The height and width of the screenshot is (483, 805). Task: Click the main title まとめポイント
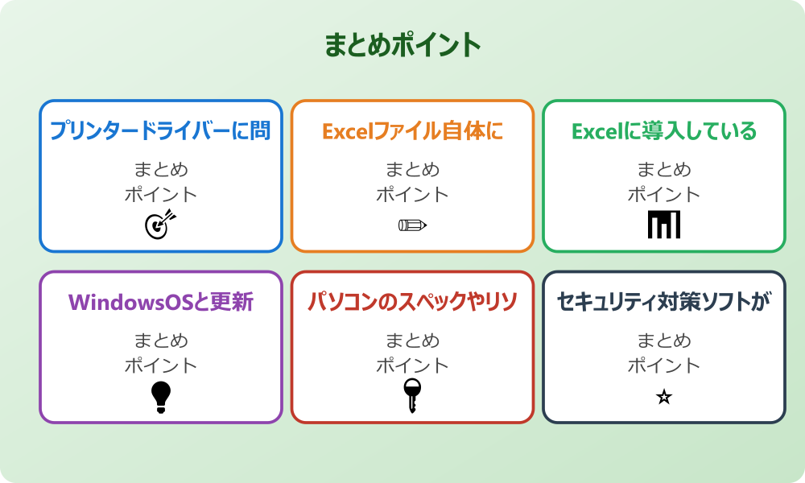pos(402,45)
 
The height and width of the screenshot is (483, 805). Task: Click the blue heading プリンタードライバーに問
pos(160,131)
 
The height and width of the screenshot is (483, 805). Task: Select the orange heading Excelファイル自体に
pos(412,131)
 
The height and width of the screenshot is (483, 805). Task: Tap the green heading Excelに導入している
pos(664,131)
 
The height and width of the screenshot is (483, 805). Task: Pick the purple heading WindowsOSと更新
pos(160,302)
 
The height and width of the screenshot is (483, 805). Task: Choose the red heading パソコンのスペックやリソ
pos(412,302)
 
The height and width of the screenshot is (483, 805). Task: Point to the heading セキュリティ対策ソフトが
pos(664,302)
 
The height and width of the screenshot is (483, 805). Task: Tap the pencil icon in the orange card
pos(412,225)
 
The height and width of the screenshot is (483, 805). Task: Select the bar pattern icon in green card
pos(664,225)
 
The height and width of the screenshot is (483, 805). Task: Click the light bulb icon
pos(161,396)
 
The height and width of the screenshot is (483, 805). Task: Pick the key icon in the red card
pos(412,395)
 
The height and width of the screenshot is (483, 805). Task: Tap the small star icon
pos(664,397)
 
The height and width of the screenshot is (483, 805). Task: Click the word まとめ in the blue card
pos(160,170)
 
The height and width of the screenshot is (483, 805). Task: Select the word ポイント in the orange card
pos(412,195)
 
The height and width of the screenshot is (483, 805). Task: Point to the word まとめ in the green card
pos(664,170)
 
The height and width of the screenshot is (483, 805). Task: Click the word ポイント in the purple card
pos(160,365)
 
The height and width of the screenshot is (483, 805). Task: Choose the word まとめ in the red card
pos(412,341)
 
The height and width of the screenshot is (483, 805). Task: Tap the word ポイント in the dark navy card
pos(664,365)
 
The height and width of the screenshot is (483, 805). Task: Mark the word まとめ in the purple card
pos(160,341)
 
